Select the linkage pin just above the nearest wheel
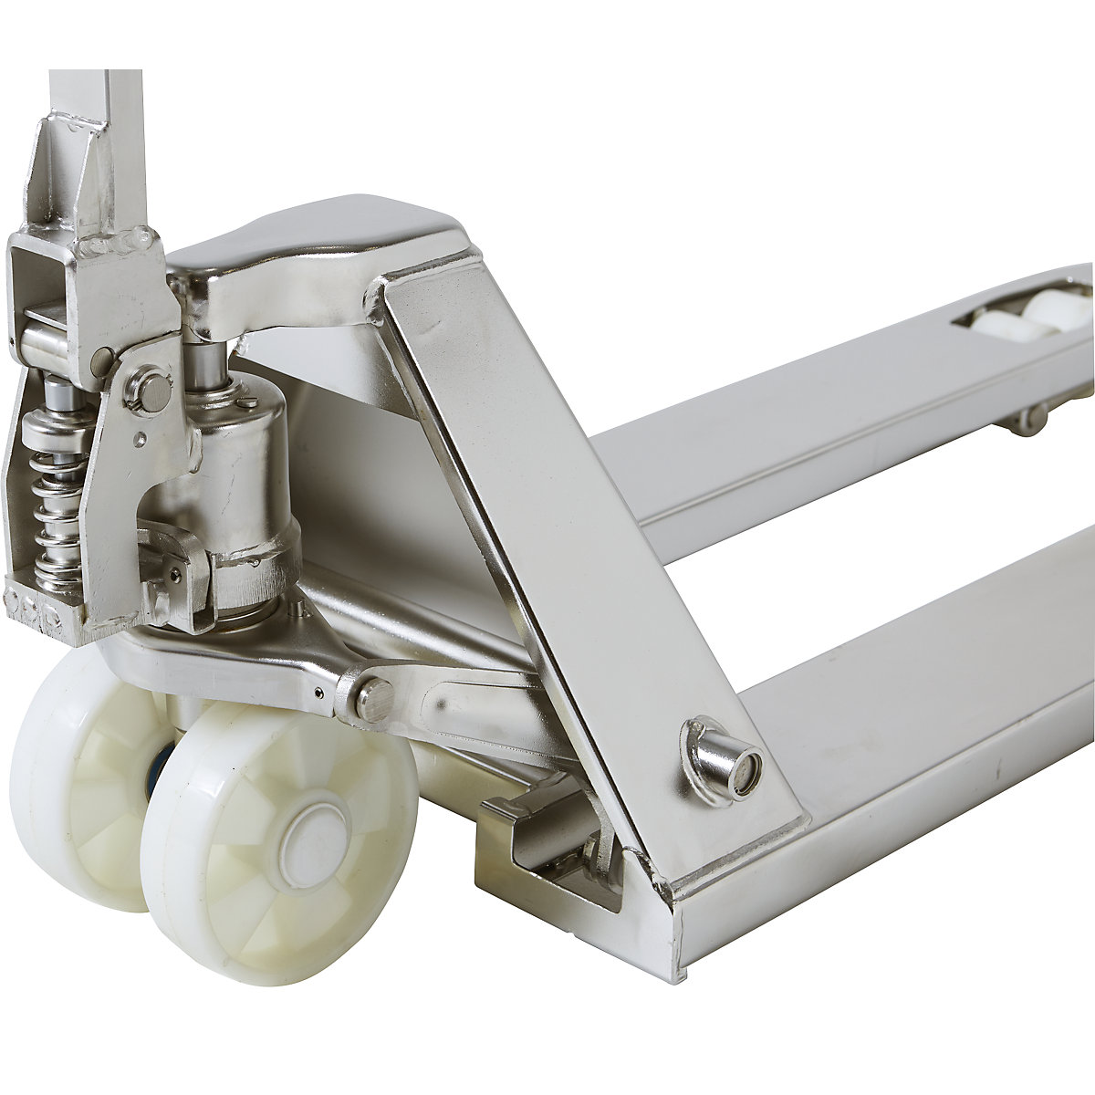pos(373,698)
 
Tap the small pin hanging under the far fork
pos(1028,419)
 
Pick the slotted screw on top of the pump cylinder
pos(248,401)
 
